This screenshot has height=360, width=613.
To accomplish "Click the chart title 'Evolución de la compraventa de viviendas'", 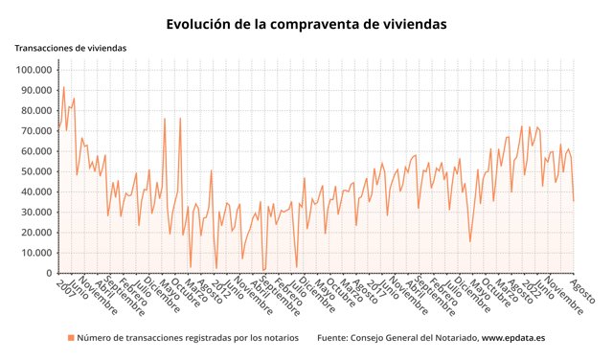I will (306, 23).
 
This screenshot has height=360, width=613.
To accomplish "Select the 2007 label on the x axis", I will (64, 288).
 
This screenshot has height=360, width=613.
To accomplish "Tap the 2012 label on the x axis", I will (220, 288).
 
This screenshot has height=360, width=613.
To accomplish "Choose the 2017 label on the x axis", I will (375, 288).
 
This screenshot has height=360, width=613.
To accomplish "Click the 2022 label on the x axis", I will (530, 288).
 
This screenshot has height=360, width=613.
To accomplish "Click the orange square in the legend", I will (70, 338).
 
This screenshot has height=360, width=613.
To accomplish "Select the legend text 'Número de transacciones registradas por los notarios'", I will (188, 338).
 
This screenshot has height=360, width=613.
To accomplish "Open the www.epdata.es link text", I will (513, 338).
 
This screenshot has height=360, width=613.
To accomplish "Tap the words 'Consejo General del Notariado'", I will (416, 338).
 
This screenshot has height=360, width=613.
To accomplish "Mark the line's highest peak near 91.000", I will (64, 87).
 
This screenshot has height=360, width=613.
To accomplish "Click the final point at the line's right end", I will (574, 200).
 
